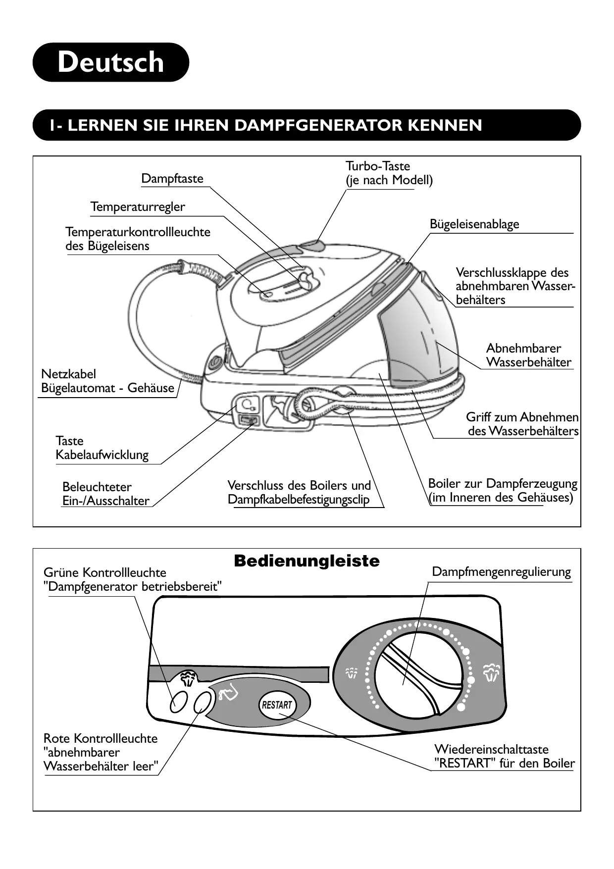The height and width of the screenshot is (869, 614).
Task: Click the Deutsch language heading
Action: [110, 62]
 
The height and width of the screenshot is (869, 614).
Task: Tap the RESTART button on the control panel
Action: [277, 705]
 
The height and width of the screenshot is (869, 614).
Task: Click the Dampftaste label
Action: [172, 178]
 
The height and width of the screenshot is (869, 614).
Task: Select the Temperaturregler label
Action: [138, 207]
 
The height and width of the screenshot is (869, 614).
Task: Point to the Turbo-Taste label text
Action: [378, 166]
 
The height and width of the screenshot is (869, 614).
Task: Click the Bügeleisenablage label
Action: [474, 224]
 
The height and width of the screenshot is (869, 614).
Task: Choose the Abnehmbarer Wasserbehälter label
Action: [528, 355]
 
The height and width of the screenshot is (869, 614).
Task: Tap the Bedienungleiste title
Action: [307, 561]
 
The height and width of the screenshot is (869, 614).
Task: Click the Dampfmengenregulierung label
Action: [501, 572]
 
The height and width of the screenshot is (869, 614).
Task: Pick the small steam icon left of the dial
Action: [352, 673]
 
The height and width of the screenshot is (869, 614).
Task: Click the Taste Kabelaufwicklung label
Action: [102, 448]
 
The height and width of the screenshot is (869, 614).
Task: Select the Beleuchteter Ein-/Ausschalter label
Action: [105, 494]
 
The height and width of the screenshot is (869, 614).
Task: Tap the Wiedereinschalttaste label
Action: [505, 756]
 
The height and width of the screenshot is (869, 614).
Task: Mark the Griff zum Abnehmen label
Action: [522, 424]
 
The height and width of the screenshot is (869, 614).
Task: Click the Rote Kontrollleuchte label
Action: [101, 752]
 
